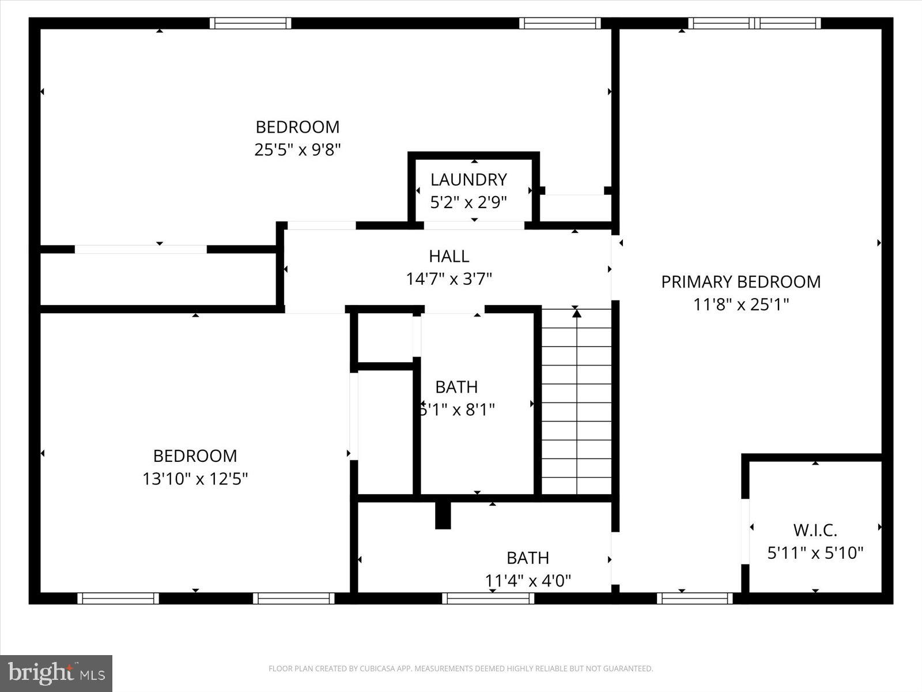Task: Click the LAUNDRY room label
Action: click(x=468, y=179)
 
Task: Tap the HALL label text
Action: click(x=449, y=255)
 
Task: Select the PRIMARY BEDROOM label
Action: click(x=740, y=281)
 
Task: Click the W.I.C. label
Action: click(x=815, y=529)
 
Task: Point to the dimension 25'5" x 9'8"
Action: click(x=297, y=150)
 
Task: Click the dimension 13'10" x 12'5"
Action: click(x=195, y=479)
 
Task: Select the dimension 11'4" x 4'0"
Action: click(x=528, y=580)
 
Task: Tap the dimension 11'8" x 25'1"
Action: click(x=740, y=304)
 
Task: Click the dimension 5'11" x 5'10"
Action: click(x=815, y=553)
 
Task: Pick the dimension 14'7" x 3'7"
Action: click(x=449, y=279)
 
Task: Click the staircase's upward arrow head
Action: click(x=576, y=313)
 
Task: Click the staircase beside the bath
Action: click(x=576, y=404)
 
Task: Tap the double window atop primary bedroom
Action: click(x=754, y=23)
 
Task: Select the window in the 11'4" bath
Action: click(x=488, y=599)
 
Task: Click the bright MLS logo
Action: click(x=56, y=673)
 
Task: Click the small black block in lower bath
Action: click(x=443, y=515)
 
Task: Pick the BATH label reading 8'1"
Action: click(x=456, y=386)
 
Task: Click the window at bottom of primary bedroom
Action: click(x=694, y=599)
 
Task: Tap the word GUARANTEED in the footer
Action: click(x=626, y=669)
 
